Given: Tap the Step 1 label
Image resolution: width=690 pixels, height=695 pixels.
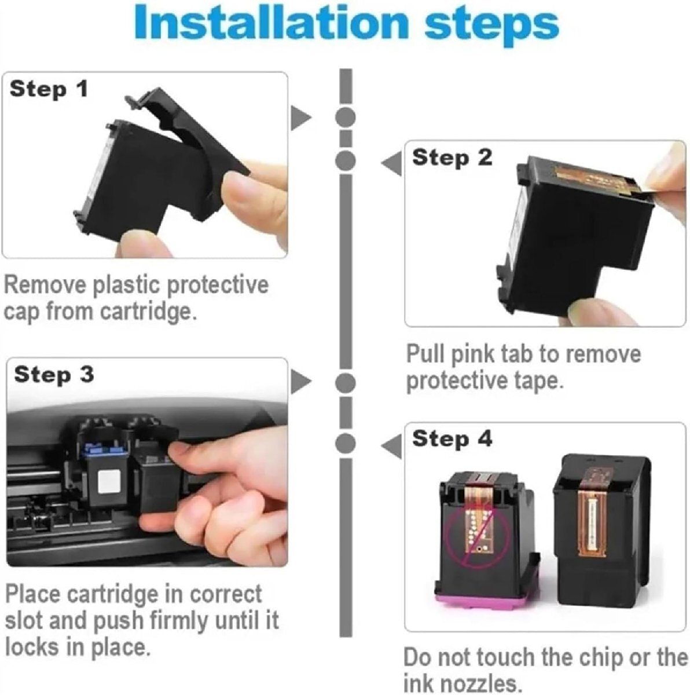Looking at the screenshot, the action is coord(49,89).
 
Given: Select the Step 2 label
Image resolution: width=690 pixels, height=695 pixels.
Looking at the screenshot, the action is coord(453,158).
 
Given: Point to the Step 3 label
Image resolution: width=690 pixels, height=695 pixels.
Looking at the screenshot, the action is coord(54,375).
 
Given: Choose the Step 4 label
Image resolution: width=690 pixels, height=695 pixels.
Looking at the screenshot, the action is coord(453,440).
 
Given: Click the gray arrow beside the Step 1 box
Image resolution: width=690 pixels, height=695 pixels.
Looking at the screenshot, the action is coord(300,118).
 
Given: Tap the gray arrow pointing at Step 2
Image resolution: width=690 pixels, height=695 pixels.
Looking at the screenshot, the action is coord(392,163).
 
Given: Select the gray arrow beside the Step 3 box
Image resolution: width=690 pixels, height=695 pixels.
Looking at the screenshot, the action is coord(300,381).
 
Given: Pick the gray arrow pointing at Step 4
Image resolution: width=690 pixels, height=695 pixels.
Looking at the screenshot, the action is coord(392,446).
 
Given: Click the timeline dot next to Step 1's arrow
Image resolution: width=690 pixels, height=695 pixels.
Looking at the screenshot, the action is coord(346,117).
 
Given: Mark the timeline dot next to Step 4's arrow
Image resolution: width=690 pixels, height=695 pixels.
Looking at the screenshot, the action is coord(346,443).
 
